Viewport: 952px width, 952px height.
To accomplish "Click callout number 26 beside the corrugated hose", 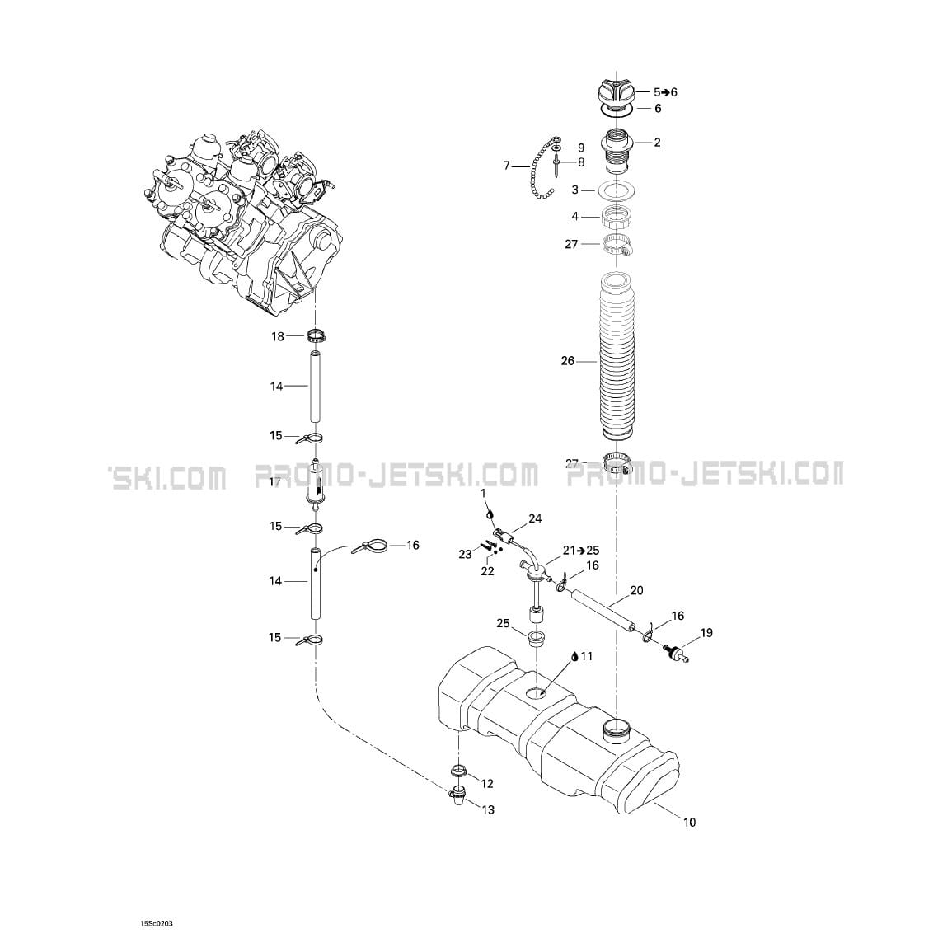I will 567,361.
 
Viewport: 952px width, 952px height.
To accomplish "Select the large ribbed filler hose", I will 617,359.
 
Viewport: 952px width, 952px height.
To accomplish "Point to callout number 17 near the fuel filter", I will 276,482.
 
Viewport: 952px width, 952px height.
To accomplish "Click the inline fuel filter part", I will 314,483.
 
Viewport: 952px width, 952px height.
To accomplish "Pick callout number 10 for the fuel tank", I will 690,822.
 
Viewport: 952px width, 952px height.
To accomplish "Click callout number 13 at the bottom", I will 488,810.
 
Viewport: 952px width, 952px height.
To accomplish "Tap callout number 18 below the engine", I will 278,336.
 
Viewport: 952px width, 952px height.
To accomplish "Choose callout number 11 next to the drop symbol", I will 586,656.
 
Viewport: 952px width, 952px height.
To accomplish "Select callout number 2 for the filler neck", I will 657,143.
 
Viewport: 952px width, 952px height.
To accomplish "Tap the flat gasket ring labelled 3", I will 617,190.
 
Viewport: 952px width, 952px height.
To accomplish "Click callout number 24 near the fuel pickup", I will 535,518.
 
